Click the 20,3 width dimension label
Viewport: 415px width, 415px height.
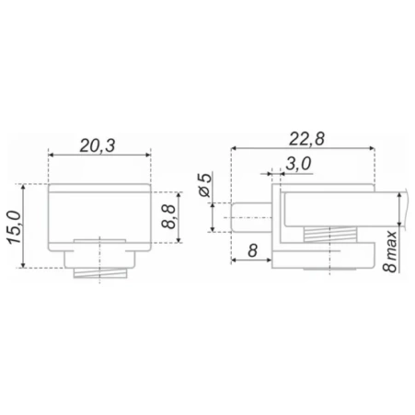[98, 145]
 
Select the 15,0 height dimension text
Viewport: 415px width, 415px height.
[15, 227]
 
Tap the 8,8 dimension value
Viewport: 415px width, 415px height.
[168, 217]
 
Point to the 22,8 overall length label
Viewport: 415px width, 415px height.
[306, 139]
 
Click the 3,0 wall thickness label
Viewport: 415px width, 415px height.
[298, 164]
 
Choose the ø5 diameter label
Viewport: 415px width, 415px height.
[205, 185]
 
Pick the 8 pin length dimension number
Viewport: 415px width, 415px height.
[252, 250]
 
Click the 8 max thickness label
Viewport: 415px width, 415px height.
[390, 251]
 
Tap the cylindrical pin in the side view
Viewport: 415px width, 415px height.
[251, 217]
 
